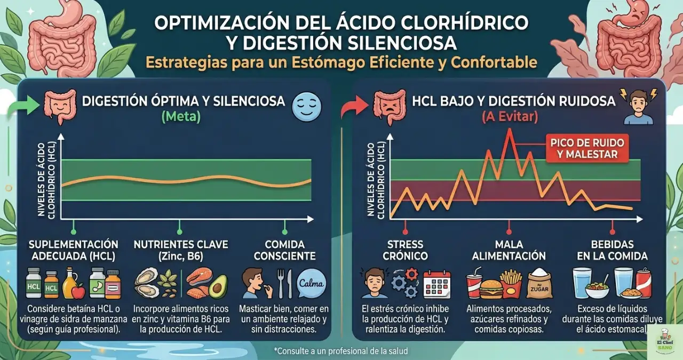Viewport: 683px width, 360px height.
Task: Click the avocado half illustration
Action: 218,286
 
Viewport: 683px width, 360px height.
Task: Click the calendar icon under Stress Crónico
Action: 436,284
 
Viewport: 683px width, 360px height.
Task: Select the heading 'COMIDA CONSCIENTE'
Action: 284,250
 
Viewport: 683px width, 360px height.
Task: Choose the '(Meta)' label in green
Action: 182,117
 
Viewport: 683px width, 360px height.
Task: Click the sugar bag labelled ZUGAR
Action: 539,284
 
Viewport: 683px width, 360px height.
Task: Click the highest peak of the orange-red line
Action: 510,130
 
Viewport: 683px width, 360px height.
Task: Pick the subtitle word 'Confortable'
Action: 494,62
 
